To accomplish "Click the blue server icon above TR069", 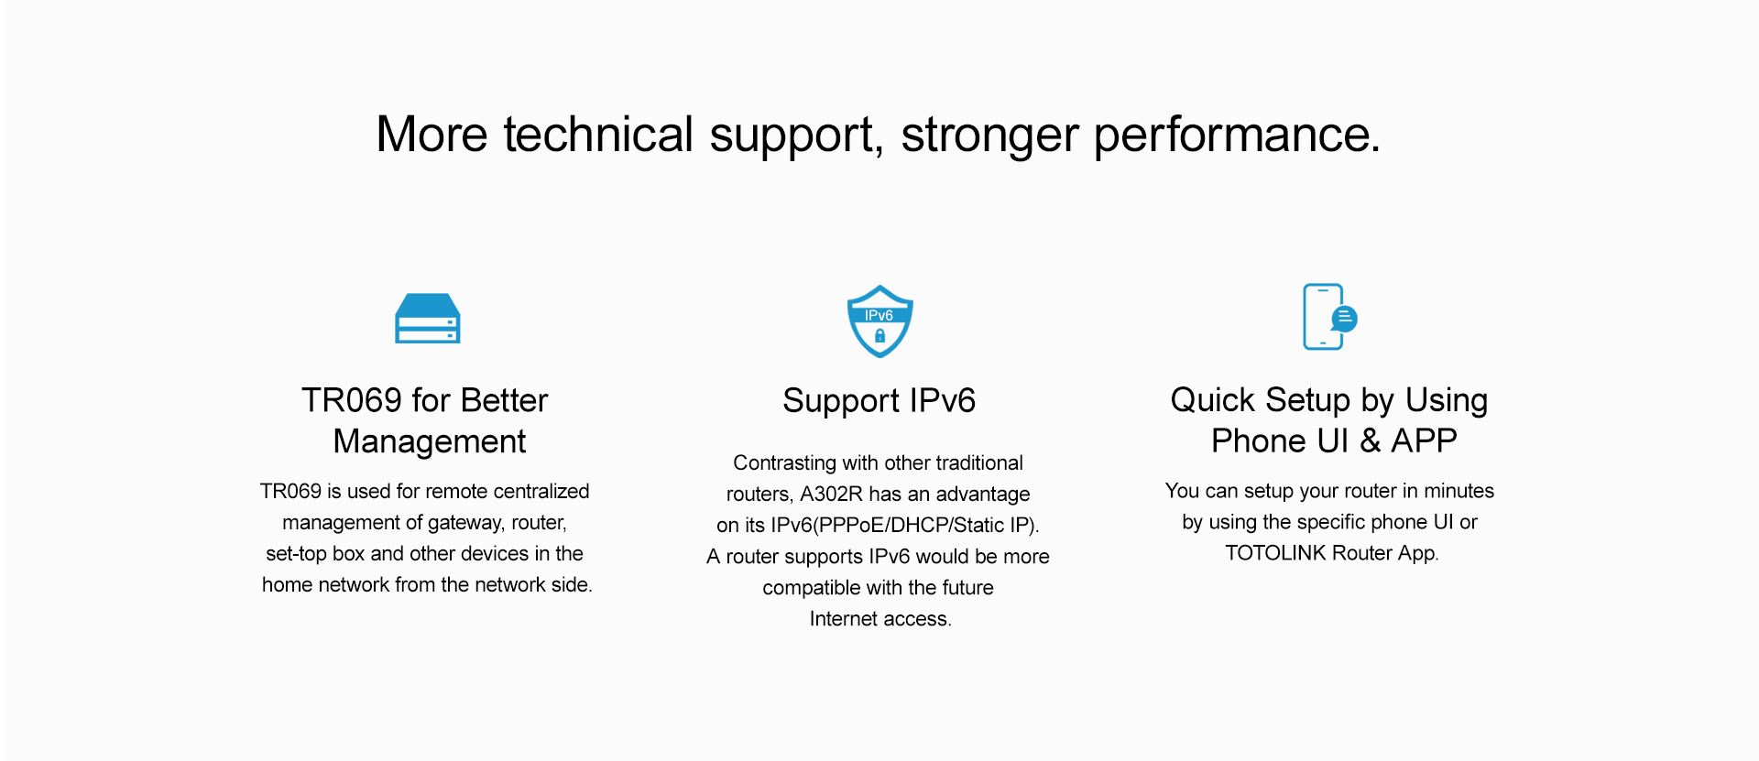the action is (x=427, y=319).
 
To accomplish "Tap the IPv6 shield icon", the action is (x=879, y=321).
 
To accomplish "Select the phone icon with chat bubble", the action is (x=1329, y=317).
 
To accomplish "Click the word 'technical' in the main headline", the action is (x=598, y=135).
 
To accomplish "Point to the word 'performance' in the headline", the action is (x=1237, y=136).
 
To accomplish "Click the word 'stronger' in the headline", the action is (x=989, y=136).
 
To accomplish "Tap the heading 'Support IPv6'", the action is (x=879, y=401).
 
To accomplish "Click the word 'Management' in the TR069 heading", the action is (x=430, y=441).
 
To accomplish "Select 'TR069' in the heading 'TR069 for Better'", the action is (x=352, y=400).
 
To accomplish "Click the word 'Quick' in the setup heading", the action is (x=1212, y=400).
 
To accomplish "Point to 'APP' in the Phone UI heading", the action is (x=1424, y=440).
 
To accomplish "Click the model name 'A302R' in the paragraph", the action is (x=831, y=495).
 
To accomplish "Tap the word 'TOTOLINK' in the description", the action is (x=1275, y=553).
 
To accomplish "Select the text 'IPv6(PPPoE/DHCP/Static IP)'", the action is (x=904, y=526).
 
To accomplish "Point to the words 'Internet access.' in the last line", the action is (x=880, y=619).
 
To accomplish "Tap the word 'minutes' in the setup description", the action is (x=1459, y=491).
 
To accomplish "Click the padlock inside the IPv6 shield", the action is (x=879, y=336).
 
